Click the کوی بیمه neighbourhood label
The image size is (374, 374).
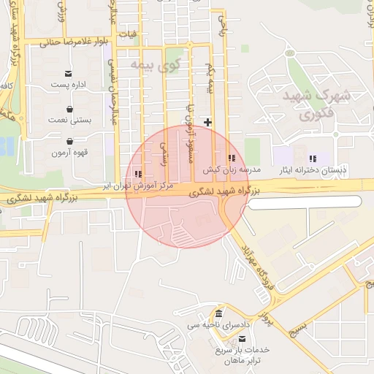154,65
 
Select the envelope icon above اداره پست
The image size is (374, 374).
69,73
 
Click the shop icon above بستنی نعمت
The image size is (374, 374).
69,107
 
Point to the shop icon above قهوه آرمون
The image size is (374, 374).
69,141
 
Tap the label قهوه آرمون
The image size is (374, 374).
69,153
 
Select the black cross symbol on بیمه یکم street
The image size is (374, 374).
209,122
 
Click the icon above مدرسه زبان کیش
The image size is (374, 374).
232,158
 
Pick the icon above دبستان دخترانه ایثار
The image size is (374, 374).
313,159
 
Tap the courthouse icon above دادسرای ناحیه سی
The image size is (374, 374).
218,313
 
